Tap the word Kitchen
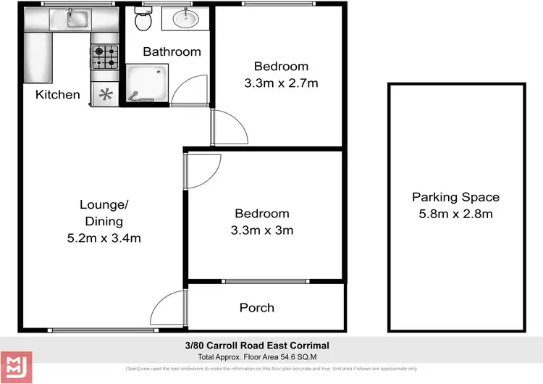58,94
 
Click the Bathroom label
172,51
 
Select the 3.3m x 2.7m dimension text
281,83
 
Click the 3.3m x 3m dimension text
261,230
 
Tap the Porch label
257,307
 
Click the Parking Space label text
455,197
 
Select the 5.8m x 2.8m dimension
455,214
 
